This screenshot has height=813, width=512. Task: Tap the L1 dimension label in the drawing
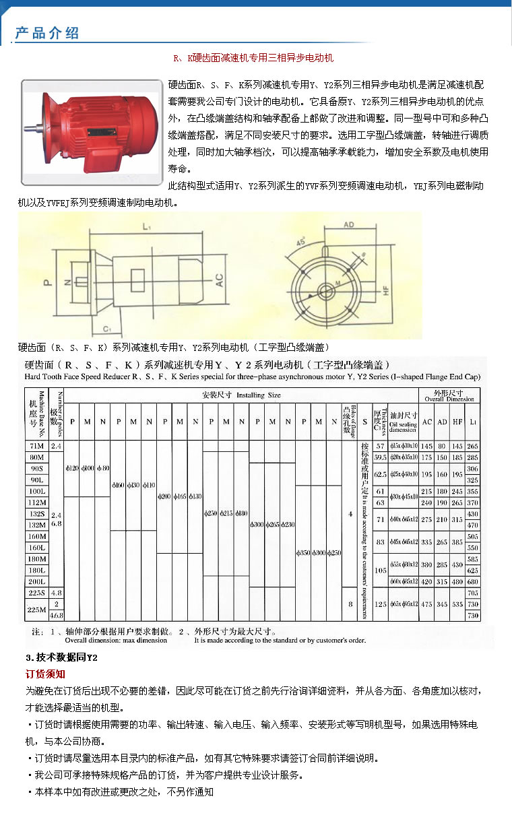146,228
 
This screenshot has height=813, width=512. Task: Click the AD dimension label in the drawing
349,224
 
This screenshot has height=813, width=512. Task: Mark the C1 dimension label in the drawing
106,329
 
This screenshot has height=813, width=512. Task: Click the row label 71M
37,446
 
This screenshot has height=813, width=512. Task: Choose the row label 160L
37,547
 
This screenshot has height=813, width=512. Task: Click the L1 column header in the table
472,422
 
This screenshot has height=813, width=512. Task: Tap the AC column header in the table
426,422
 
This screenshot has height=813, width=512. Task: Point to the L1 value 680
472,581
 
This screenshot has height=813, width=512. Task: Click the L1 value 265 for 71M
472,446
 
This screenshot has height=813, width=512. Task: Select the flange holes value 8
350,604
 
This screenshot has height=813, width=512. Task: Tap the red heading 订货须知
45,674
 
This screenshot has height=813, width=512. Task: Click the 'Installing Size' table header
241,395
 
